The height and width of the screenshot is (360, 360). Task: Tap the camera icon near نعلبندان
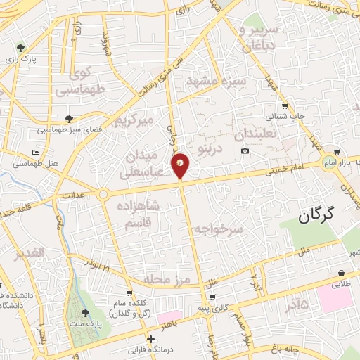click(x=245, y=151)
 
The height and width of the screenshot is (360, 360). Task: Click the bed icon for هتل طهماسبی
click(x=36, y=153)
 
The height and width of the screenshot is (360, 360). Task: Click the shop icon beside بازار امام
click(x=338, y=152)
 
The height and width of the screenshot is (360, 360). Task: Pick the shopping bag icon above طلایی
click(x=341, y=274)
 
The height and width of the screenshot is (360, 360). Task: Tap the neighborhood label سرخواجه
click(x=219, y=229)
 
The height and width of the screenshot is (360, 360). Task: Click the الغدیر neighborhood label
click(x=32, y=252)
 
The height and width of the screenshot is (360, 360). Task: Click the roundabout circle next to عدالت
click(x=103, y=194)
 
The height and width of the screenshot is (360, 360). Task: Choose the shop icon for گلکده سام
click(x=129, y=293)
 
